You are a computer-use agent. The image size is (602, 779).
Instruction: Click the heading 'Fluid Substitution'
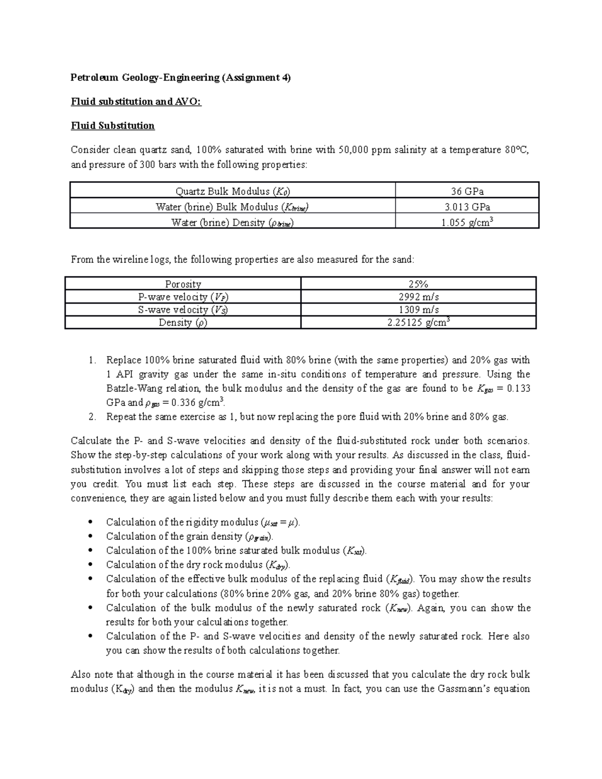[112, 125]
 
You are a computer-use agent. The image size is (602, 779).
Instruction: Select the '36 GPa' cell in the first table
[467, 191]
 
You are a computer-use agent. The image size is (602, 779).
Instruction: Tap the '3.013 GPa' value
[467, 207]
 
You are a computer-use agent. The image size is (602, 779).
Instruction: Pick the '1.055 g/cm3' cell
[467, 222]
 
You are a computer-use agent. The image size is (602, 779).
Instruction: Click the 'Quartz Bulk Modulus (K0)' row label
[232, 191]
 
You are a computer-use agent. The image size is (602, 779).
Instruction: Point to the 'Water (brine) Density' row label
[232, 222]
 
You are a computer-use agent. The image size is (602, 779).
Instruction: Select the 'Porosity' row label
[183, 284]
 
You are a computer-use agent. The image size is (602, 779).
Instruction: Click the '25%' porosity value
[418, 284]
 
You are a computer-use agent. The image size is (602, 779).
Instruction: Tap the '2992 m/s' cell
[418, 297]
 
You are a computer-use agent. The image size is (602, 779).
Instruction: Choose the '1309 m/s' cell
[418, 310]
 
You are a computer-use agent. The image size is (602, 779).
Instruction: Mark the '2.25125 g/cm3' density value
[418, 323]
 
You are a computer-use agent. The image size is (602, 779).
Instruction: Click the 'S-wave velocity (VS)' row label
[183, 310]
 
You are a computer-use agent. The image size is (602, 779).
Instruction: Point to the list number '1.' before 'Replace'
[91, 360]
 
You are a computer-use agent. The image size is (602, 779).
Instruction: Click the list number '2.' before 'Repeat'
[91, 416]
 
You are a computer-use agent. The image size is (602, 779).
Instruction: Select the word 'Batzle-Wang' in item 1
[130, 388]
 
